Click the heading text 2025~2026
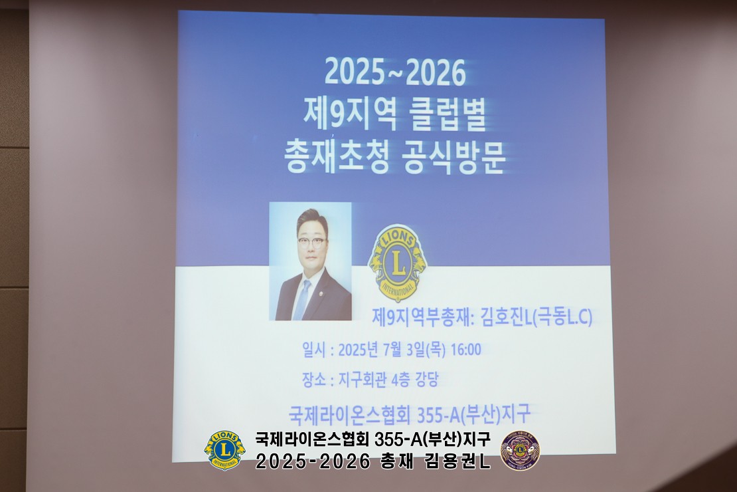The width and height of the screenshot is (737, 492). [x=395, y=73]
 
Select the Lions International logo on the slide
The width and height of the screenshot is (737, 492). [x=396, y=263]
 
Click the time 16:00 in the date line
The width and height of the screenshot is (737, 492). [x=465, y=350]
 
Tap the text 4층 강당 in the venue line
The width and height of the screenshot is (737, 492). [x=414, y=380]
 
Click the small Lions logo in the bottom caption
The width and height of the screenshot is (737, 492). [x=224, y=450]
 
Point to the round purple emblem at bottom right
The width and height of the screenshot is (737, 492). [x=520, y=450]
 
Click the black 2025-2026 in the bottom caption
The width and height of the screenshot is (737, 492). [x=313, y=461]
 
